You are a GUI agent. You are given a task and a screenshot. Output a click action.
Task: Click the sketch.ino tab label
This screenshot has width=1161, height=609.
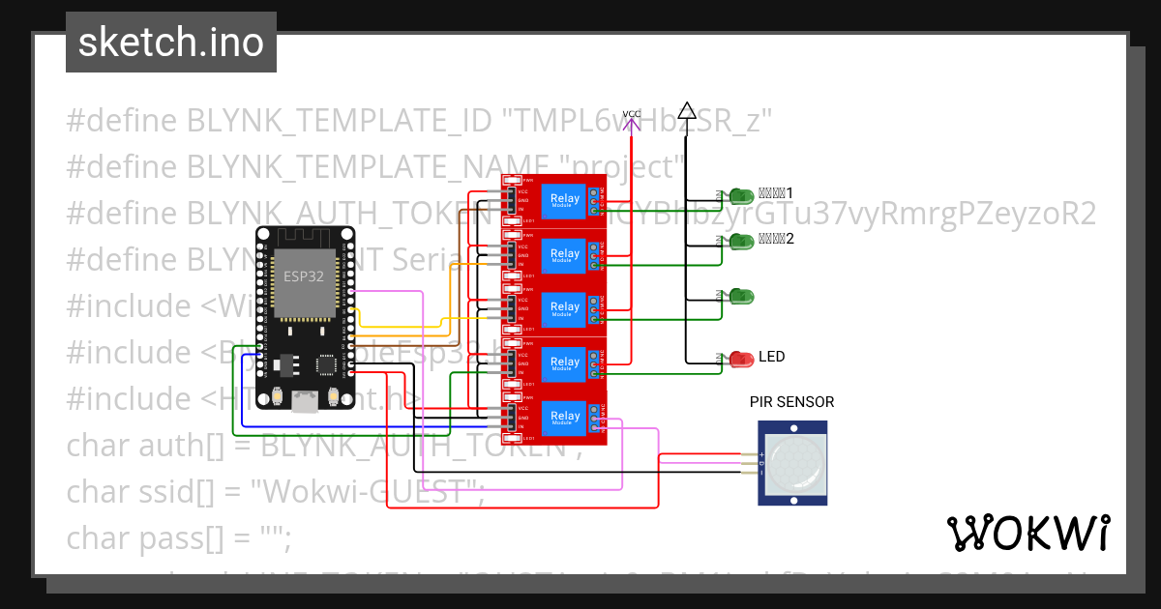tap(170, 43)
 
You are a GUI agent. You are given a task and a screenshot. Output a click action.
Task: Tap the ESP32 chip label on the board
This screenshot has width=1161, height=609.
tap(303, 276)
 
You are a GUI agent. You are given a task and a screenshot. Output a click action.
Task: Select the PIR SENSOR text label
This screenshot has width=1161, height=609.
tap(791, 402)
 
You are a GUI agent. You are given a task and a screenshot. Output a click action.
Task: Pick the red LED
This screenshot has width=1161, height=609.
tap(742, 360)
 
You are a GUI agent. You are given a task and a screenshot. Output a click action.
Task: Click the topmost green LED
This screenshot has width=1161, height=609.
tap(742, 196)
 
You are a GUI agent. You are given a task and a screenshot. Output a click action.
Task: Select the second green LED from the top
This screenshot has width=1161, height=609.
tap(742, 241)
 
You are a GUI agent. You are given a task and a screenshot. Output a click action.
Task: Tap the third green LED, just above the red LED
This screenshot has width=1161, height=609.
tap(742, 295)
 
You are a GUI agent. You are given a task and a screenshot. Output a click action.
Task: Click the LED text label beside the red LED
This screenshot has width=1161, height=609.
tap(772, 357)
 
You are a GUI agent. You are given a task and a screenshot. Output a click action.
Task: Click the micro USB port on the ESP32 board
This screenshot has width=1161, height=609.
tap(305, 400)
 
